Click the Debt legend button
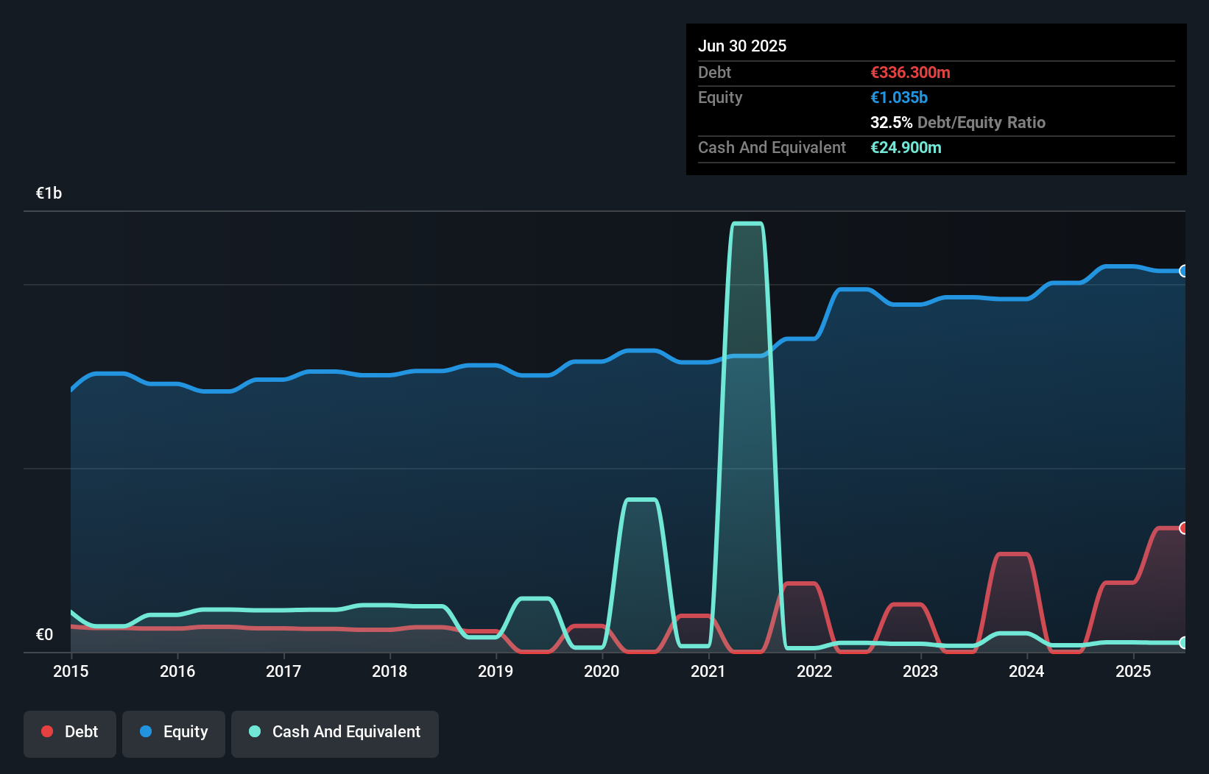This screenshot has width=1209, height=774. point(70,733)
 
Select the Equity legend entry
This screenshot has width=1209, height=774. point(174,733)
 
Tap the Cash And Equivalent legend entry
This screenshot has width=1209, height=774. point(335,733)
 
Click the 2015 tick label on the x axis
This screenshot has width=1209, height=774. point(71,671)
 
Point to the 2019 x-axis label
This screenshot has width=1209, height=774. point(496,671)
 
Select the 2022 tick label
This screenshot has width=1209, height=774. point(814,671)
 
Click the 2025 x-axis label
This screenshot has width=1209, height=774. point(1133,671)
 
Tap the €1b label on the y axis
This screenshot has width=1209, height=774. point(49,193)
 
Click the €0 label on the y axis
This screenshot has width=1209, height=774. point(44,634)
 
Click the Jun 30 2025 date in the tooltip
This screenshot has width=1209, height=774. point(742,46)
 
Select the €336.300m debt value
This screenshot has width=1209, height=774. point(910,72)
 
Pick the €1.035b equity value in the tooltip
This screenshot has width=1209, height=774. point(899,97)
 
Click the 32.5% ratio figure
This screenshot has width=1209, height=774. point(891,122)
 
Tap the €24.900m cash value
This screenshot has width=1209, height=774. point(906,147)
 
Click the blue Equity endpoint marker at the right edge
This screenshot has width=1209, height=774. point(1183,271)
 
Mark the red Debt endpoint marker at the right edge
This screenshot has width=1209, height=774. point(1183,528)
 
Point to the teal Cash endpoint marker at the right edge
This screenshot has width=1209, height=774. point(1183,642)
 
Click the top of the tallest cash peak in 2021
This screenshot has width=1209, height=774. point(747,224)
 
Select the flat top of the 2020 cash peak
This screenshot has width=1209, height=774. point(641,500)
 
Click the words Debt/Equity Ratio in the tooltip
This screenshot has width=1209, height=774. point(981,122)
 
